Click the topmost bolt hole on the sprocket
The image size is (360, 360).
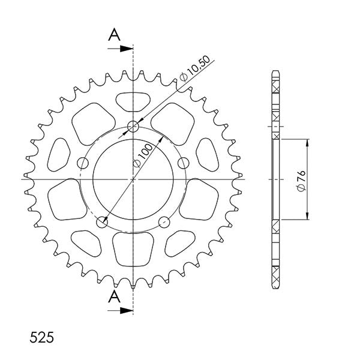click(x=133, y=127)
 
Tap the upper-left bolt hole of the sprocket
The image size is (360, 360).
click(x=84, y=161)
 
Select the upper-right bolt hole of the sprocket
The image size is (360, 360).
click(x=182, y=161)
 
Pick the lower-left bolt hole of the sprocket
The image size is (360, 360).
click(x=103, y=221)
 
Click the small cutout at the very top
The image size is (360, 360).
click(x=133, y=100)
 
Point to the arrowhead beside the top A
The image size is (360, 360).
click(x=127, y=47)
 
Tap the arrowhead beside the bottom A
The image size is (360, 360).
click(x=127, y=310)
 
